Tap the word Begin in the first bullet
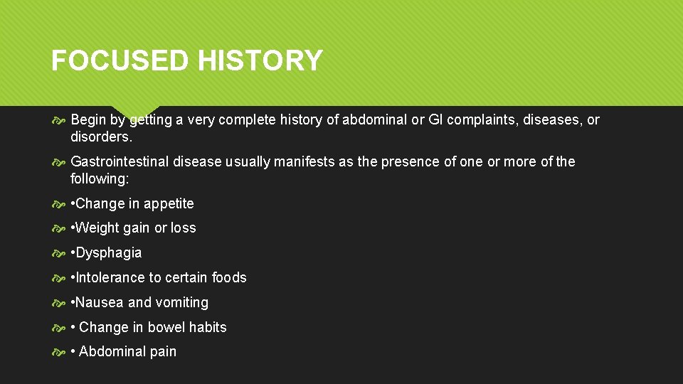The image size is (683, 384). point(90,120)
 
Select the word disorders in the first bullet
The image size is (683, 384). point(100,136)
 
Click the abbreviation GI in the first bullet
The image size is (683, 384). point(441,120)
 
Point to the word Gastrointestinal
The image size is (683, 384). point(120,161)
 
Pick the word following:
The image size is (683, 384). point(100,178)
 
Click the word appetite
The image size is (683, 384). point(169,203)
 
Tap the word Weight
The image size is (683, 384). point(96,228)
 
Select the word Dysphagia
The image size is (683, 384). point(109,253)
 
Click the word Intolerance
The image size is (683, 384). point(110,277)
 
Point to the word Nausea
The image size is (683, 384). point(100,302)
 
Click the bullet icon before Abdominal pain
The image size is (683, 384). point(60,352)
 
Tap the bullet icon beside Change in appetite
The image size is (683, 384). point(60,204)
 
